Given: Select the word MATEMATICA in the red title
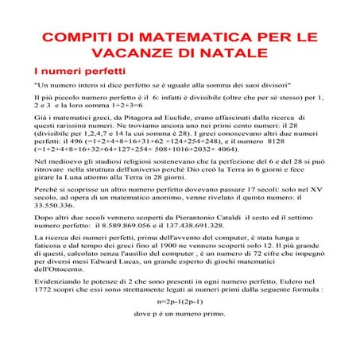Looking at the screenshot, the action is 181,37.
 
